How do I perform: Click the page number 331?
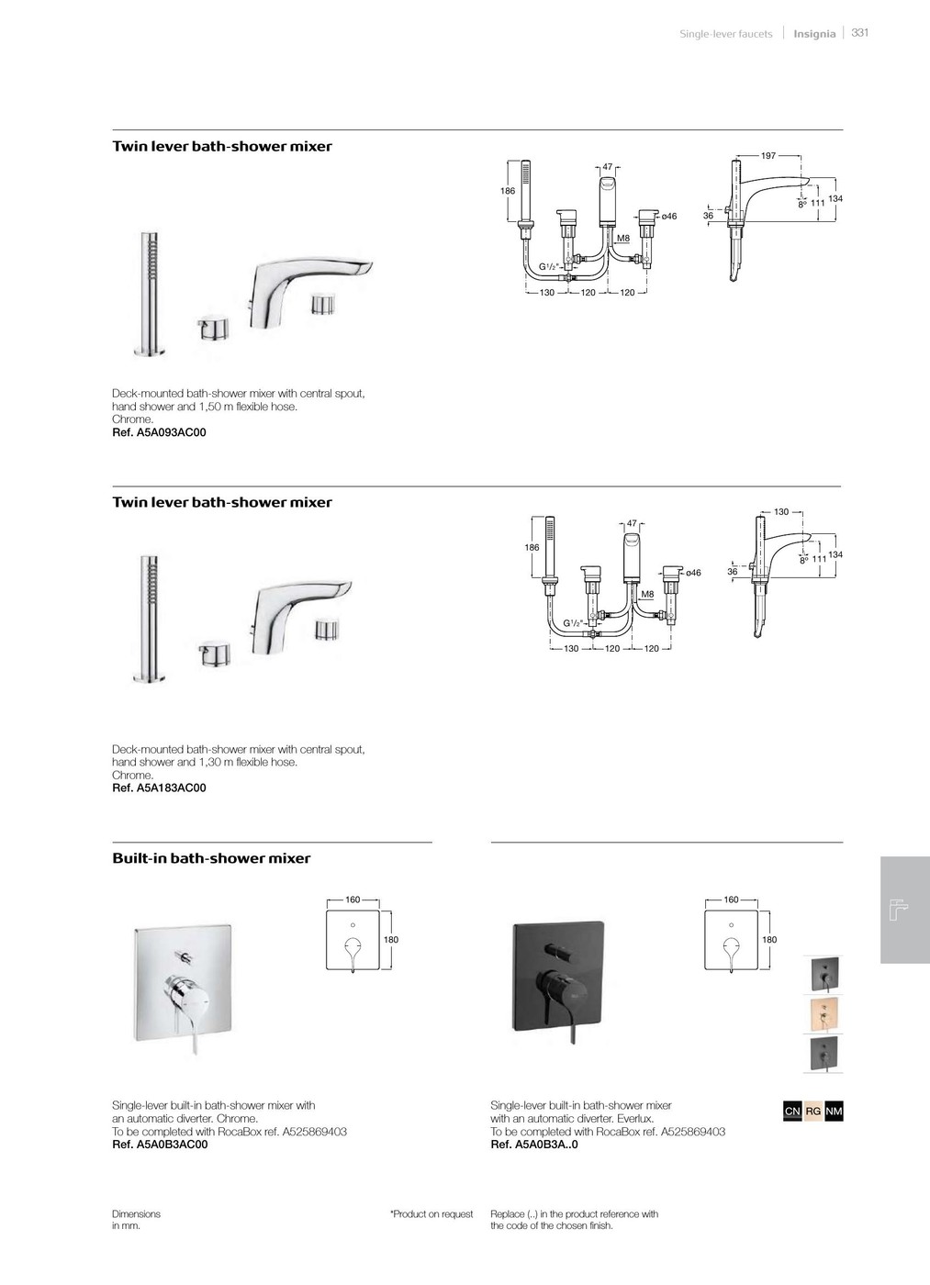859,33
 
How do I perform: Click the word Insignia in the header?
814,34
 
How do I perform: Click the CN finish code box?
792,1112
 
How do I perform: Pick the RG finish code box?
813,1112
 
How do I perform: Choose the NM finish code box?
834,1112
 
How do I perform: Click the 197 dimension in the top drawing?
768,156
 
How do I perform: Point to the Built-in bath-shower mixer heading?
211,859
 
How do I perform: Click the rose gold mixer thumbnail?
822,1014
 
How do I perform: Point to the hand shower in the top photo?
147,294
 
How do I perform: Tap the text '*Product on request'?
431,1214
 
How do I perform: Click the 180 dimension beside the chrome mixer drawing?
392,940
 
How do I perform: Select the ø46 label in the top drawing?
668,217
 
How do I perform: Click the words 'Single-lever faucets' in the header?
725,34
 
